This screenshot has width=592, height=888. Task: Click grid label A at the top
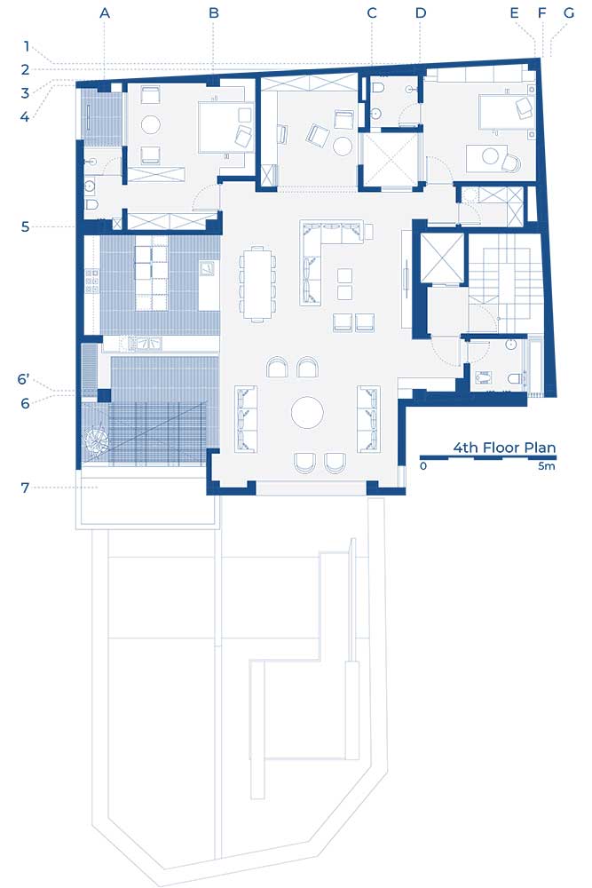[105, 12]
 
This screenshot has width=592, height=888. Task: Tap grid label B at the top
[213, 12]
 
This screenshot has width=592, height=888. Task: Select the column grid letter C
[372, 12]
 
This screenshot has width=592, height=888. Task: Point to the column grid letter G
[569, 12]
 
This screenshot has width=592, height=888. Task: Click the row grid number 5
[25, 227]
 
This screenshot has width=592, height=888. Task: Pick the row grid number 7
[25, 488]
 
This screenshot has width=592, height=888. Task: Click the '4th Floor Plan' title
[504, 448]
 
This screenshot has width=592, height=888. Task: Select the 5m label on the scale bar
[547, 466]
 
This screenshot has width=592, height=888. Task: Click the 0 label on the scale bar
[423, 466]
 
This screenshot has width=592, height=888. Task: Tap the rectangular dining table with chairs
[257, 283]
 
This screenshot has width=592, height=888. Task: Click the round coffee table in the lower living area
[307, 412]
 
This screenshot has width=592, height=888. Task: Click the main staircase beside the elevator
[499, 283]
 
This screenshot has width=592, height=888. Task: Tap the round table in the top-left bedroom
[151, 124]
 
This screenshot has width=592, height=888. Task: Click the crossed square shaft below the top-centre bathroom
[391, 159]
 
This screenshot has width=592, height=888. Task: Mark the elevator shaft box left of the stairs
[442, 258]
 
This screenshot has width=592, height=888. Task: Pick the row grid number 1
[26, 46]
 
